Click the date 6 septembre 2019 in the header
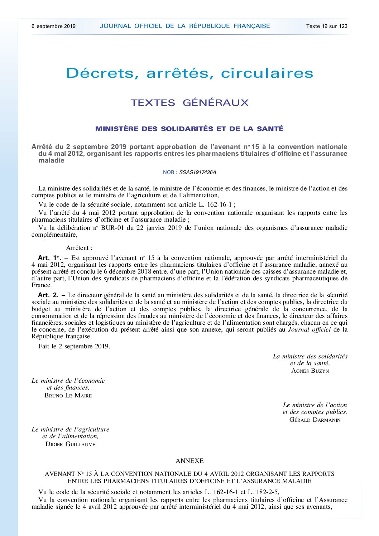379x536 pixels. point(53,26)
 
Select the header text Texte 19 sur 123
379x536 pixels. point(327,26)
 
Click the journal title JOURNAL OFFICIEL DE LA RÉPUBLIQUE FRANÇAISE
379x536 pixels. point(185,26)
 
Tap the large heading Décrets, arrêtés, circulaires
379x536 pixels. point(189,73)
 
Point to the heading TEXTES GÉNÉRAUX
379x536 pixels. point(189,103)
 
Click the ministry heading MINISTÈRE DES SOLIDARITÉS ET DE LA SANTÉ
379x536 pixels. point(189,129)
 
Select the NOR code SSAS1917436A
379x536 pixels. point(198,172)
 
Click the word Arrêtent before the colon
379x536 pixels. point(77,248)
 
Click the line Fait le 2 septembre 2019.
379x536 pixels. point(74,346)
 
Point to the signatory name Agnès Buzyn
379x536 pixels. point(310,371)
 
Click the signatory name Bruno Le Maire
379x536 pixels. point(68,396)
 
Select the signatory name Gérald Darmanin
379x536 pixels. point(315,420)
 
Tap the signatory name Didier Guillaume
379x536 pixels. point(71,444)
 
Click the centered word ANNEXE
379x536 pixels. point(189,461)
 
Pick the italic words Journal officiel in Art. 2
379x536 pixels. point(309,329)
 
